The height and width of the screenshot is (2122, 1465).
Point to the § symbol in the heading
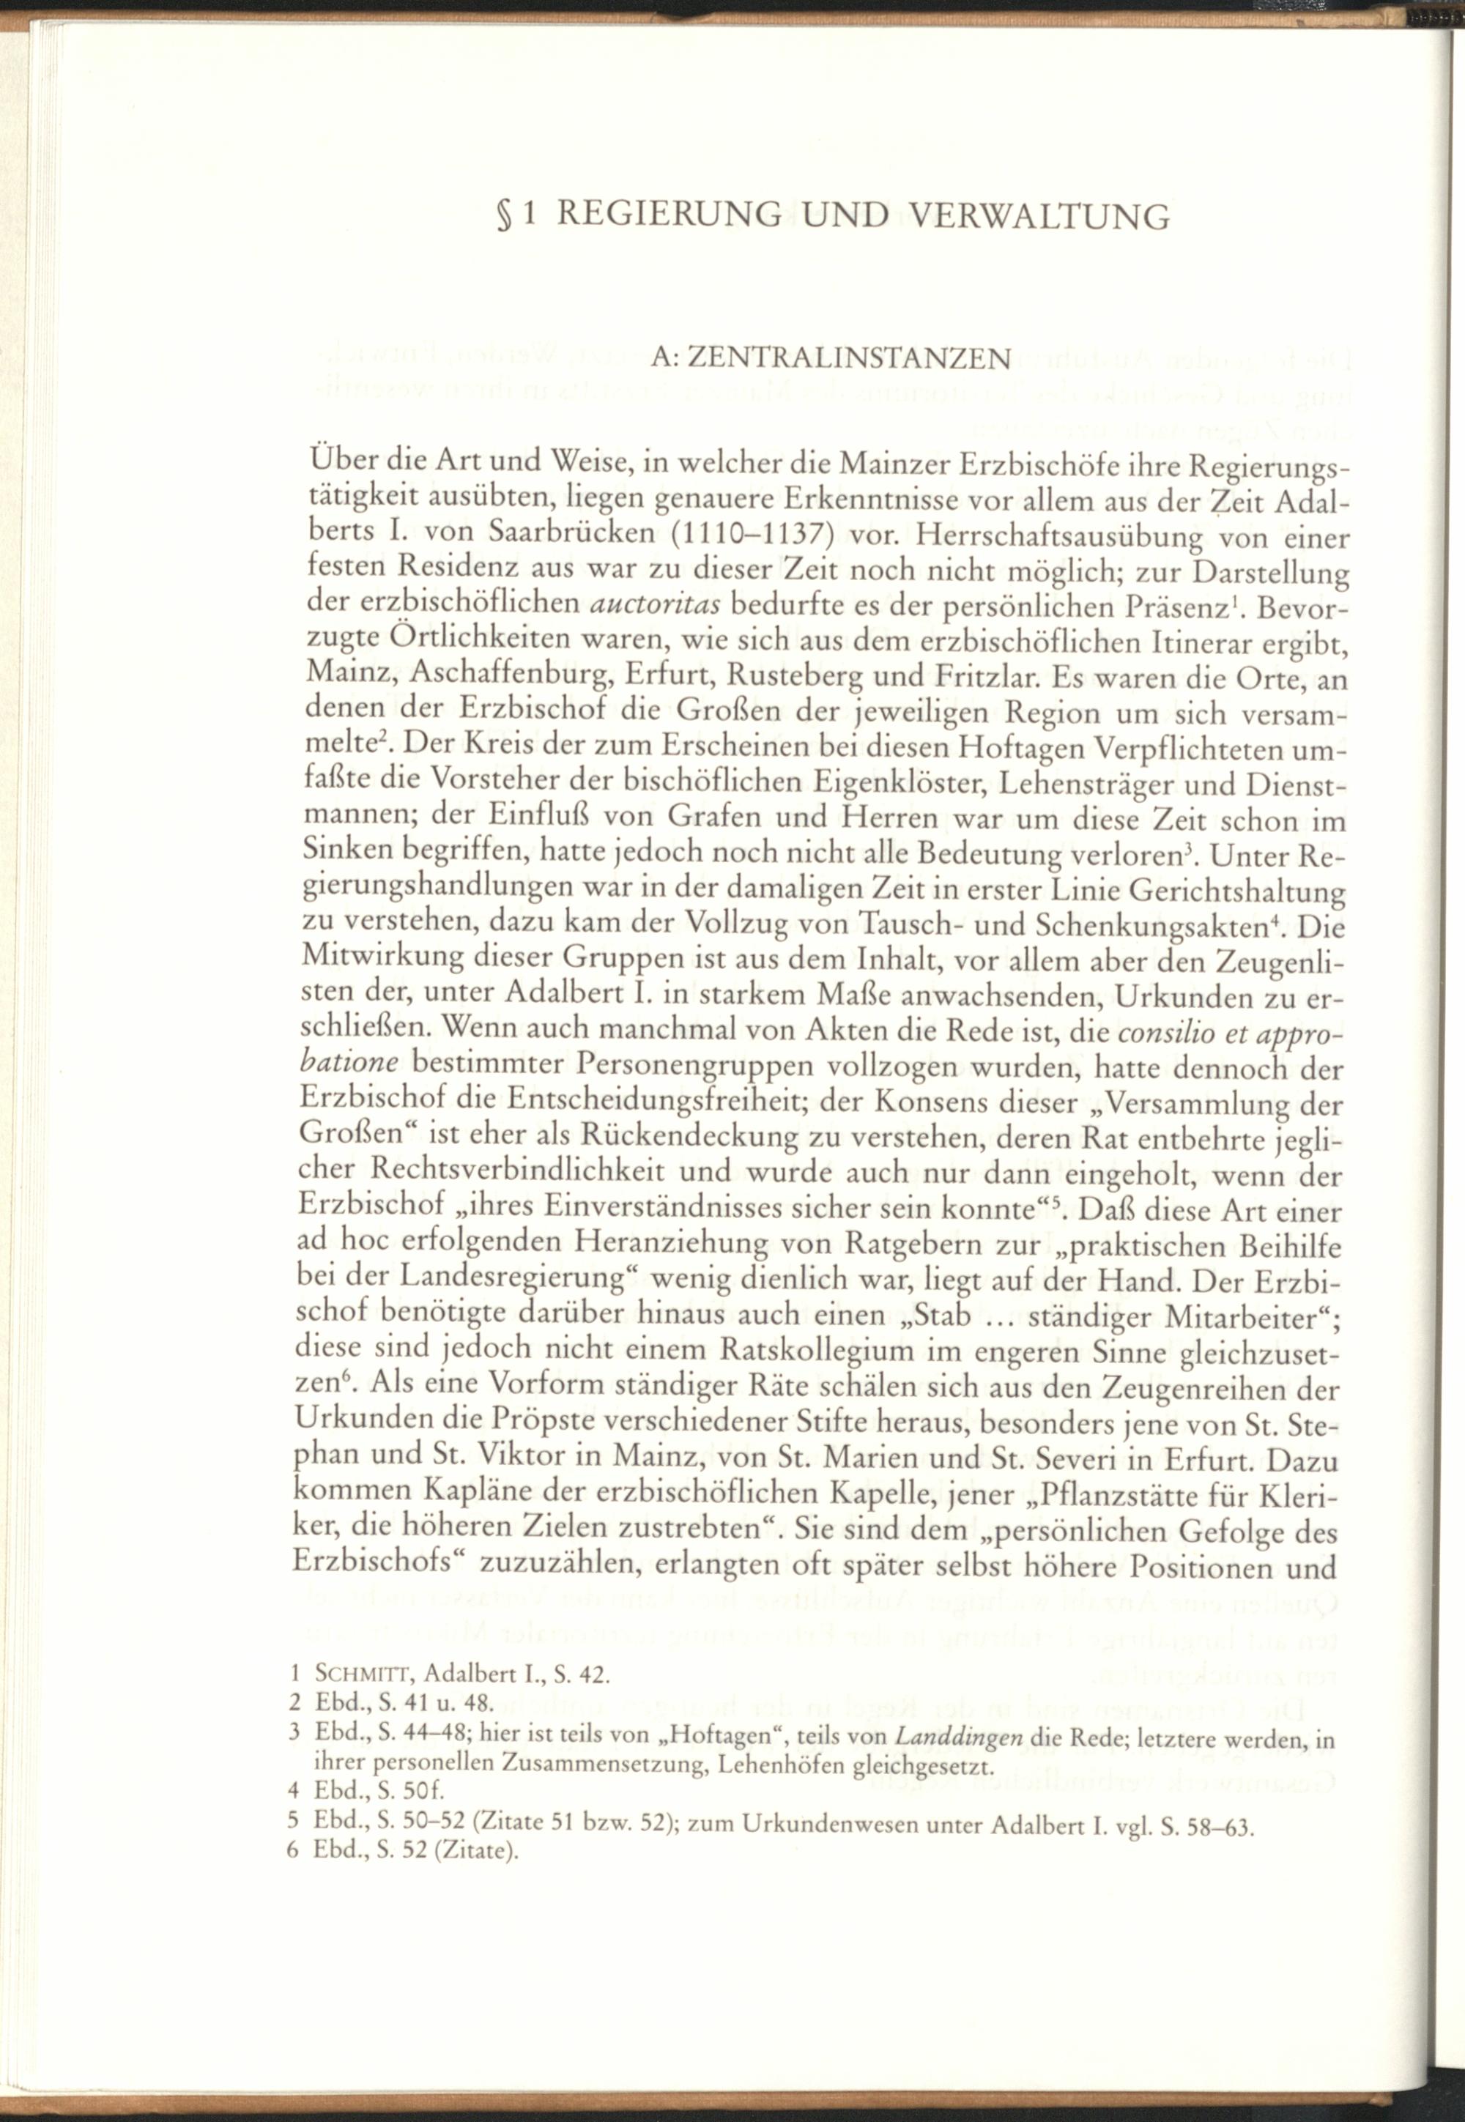tap(503, 217)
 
